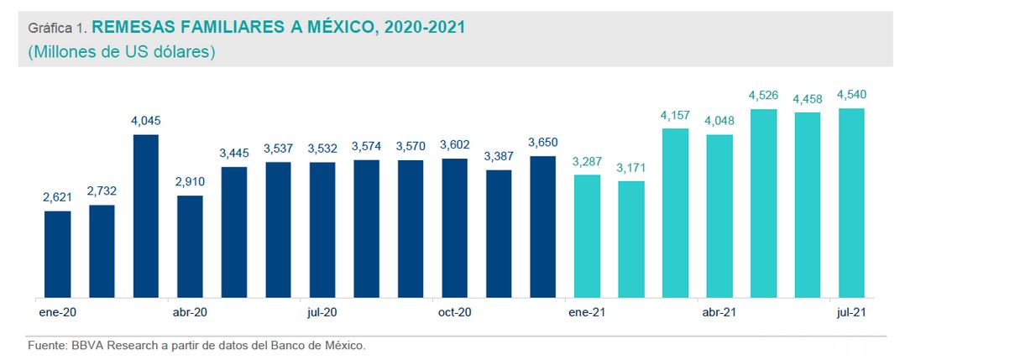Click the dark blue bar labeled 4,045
click(146, 216)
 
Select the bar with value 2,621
click(58, 253)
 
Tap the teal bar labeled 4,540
click(852, 202)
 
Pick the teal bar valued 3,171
click(631, 239)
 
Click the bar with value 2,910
click(190, 246)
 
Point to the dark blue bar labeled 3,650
click(543, 227)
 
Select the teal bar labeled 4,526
click(764, 203)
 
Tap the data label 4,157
click(675, 114)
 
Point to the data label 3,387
click(499, 156)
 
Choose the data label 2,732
click(102, 191)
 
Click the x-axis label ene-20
click(57, 312)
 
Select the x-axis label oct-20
click(454, 312)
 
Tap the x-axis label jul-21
click(852, 312)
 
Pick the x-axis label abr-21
click(719, 312)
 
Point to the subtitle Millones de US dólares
click(122, 52)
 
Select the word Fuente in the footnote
click(46, 345)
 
